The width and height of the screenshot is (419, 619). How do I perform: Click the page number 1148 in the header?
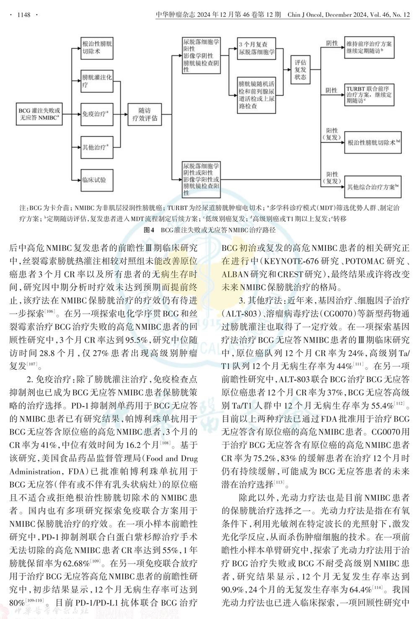pyautogui.click(x=23, y=15)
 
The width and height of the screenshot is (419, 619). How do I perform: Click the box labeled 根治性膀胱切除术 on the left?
pyautogui.click(x=97, y=48)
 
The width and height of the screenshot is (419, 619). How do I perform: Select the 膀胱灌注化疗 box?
pyautogui.click(x=97, y=81)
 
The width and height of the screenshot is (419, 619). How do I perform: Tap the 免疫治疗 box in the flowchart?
pyautogui.click(x=97, y=114)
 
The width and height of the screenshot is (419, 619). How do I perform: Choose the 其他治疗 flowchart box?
pyautogui.click(x=97, y=147)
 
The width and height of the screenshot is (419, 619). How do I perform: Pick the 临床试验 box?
pyautogui.click(x=97, y=180)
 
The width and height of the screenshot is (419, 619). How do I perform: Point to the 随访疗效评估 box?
pyautogui.click(x=145, y=114)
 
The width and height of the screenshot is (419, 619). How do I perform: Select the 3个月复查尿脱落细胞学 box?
pyautogui.click(x=257, y=48)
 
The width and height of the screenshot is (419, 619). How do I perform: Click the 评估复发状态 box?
pyautogui.click(x=300, y=70)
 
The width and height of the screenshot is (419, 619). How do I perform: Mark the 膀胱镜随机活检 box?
pyautogui.click(x=257, y=95)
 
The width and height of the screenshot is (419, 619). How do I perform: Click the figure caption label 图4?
pyautogui.click(x=149, y=230)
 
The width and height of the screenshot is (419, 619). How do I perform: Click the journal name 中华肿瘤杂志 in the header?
pyautogui.click(x=176, y=15)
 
